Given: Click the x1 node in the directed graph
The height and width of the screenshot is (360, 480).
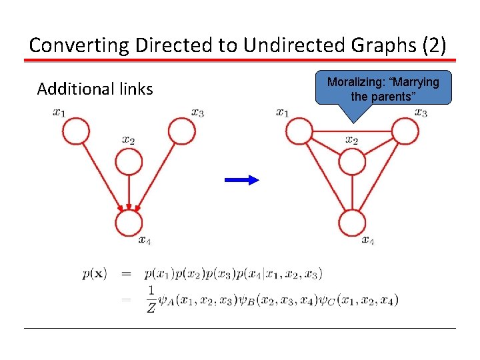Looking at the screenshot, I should pyautogui.click(x=76, y=131).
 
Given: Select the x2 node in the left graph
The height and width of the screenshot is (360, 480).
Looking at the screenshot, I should pyautogui.click(x=129, y=161).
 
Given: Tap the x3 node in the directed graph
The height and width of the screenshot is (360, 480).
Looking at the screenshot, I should pyautogui.click(x=181, y=131).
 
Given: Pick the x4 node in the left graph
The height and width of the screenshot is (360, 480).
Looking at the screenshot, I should pyautogui.click(x=129, y=223).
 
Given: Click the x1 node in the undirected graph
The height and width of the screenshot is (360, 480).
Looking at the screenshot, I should pyautogui.click(x=299, y=131).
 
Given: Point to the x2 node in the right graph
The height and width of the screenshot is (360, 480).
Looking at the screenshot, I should pyautogui.click(x=352, y=161).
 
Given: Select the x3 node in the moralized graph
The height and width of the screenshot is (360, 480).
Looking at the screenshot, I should pyautogui.click(x=405, y=131).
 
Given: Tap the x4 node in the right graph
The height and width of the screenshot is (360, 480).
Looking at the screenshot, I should pyautogui.click(x=352, y=223).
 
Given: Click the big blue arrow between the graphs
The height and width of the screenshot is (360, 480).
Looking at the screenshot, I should pyautogui.click(x=241, y=179).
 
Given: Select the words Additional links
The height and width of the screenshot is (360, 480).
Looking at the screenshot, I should pyautogui.click(x=95, y=89).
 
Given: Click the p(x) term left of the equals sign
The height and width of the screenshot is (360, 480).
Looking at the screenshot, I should pyautogui.click(x=96, y=273).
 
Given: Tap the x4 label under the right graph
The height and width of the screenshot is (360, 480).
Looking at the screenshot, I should pyautogui.click(x=367, y=241).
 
